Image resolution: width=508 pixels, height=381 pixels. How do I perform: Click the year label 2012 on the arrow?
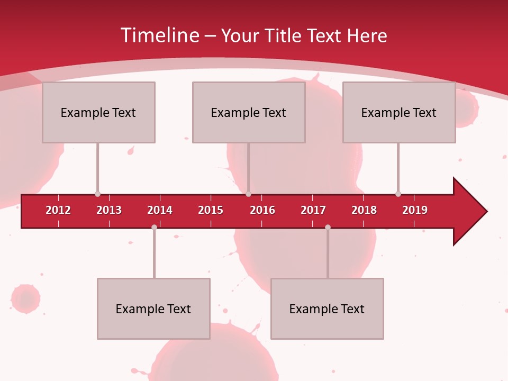click(58, 210)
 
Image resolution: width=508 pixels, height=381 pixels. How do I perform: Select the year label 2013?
click(109, 210)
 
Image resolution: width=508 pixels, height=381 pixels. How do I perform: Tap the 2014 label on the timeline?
click(160, 210)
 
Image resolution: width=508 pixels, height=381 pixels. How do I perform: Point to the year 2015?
click(211, 210)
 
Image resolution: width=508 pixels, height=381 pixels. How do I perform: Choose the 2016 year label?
click(262, 210)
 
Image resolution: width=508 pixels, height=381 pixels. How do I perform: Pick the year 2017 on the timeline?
click(313, 210)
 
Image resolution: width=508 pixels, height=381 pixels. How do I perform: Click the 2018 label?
click(364, 210)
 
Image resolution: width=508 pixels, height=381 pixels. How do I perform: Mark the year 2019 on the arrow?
click(415, 210)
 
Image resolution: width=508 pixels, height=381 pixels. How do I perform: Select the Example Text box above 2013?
click(98, 113)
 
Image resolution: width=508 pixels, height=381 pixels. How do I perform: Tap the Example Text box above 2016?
click(249, 113)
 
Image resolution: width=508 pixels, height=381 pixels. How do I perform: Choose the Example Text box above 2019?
click(399, 113)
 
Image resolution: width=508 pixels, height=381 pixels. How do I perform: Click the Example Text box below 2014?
click(153, 309)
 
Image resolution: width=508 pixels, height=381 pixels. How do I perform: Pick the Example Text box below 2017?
click(327, 309)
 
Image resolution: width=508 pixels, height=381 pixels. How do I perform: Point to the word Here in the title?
click(367, 35)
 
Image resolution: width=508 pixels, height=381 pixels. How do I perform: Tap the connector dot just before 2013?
click(97, 194)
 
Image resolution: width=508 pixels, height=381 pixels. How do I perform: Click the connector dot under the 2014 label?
click(154, 227)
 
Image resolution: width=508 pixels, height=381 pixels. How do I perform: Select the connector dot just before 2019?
click(398, 194)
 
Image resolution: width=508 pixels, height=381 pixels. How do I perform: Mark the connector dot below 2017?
click(328, 227)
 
